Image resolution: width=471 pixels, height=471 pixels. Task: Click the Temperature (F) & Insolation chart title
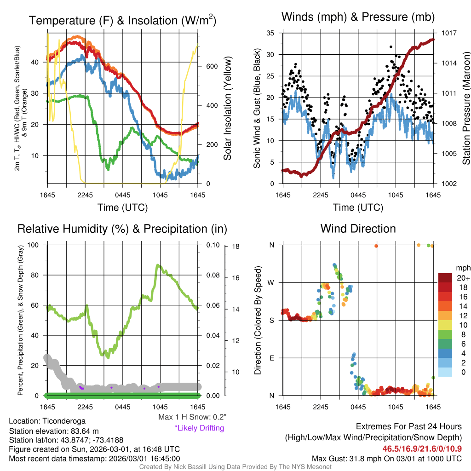pyautogui.click(x=122, y=21)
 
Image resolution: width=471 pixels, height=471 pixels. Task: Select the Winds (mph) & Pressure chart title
pyautogui.click(x=358, y=17)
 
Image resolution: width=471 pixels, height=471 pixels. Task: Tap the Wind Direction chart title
pyautogui.click(x=358, y=229)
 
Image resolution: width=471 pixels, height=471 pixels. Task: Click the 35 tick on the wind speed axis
pyautogui.click(x=270, y=33)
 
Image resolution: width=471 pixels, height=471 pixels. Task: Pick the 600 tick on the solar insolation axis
pyautogui.click(x=212, y=66)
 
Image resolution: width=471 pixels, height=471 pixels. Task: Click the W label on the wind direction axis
pyautogui.click(x=271, y=282)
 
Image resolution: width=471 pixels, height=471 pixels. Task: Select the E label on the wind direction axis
pyautogui.click(x=272, y=358)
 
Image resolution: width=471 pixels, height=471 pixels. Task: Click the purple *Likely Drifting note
pyautogui.click(x=199, y=428)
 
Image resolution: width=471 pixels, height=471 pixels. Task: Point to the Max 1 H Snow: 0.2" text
pyautogui.click(x=192, y=417)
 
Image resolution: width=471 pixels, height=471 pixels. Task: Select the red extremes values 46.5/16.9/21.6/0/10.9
pyautogui.click(x=422, y=448)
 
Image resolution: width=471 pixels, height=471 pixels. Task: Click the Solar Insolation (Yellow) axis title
pyautogui.click(x=228, y=108)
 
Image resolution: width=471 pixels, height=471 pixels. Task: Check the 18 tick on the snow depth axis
pyautogui.click(x=235, y=247)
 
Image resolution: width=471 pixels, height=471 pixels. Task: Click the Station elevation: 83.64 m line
pyautogui.click(x=54, y=431)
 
